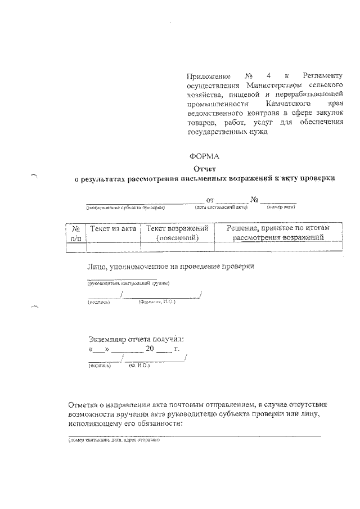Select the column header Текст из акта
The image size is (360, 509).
coord(112,228)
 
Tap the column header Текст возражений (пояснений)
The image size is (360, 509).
coord(177,233)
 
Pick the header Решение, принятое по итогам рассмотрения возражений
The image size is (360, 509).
coord(278,233)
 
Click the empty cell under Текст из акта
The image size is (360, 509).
coord(112,246)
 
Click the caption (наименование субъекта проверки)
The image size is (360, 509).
coord(125,208)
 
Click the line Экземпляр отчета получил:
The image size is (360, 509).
coord(136,339)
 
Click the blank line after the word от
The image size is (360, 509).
coord(232,201)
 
